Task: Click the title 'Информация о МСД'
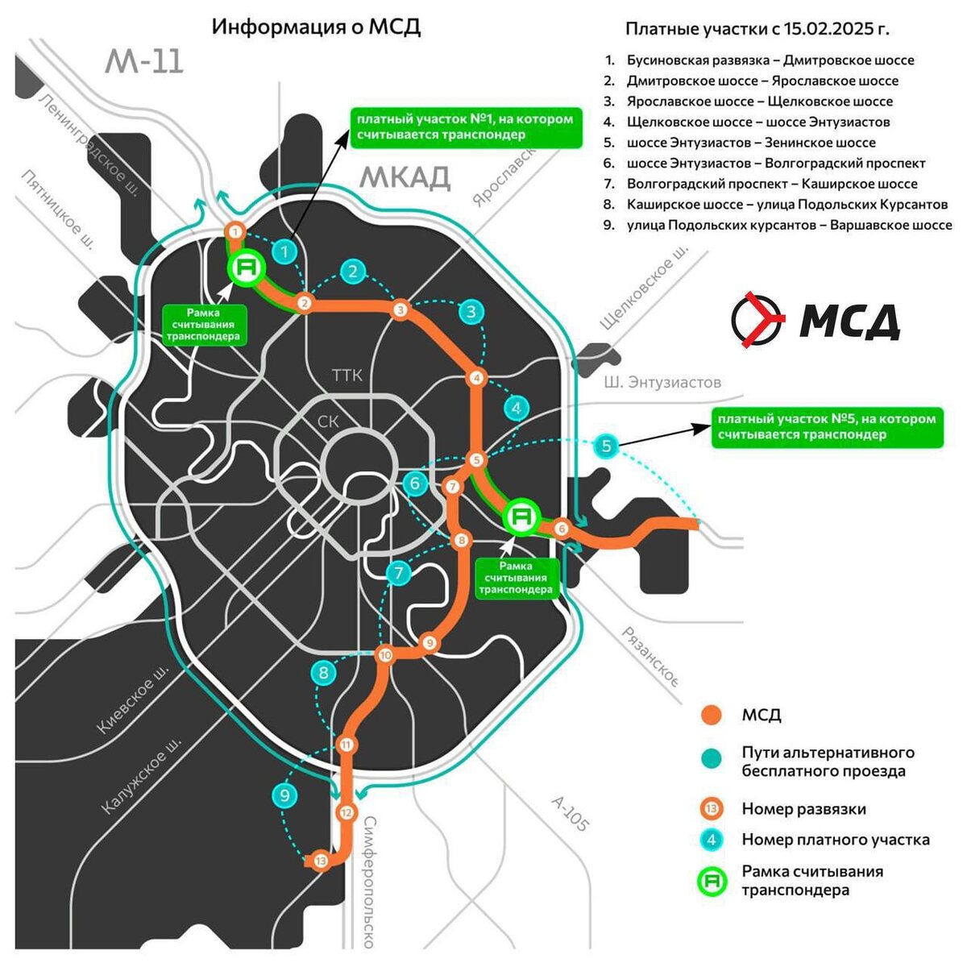click(316, 27)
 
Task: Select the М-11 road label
click(144, 62)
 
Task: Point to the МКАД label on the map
click(405, 177)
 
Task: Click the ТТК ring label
click(347, 376)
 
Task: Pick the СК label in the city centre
click(329, 421)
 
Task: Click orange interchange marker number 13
click(322, 861)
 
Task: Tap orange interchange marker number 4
click(477, 378)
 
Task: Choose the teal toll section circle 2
click(353, 272)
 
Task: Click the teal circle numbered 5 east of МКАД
click(607, 446)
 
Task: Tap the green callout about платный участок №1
click(465, 127)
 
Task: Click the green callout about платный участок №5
click(827, 427)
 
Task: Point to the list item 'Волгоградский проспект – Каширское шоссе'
click(772, 184)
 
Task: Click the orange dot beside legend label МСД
click(711, 715)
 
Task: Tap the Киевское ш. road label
click(134, 699)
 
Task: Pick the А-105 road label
click(571, 814)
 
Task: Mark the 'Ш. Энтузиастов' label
click(662, 382)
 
